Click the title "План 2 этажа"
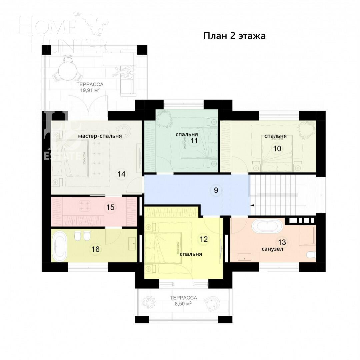[234, 36]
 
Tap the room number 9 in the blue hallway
[216, 190]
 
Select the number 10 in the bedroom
[277, 149]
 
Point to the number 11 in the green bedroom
[194, 141]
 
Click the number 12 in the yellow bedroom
[204, 239]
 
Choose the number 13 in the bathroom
[282, 242]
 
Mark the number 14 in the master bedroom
[121, 174]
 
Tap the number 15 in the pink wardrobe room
[110, 207]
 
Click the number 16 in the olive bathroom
[96, 249]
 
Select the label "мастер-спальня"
[100, 136]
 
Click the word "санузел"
[272, 249]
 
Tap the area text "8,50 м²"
[183, 304]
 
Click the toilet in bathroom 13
[311, 255]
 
